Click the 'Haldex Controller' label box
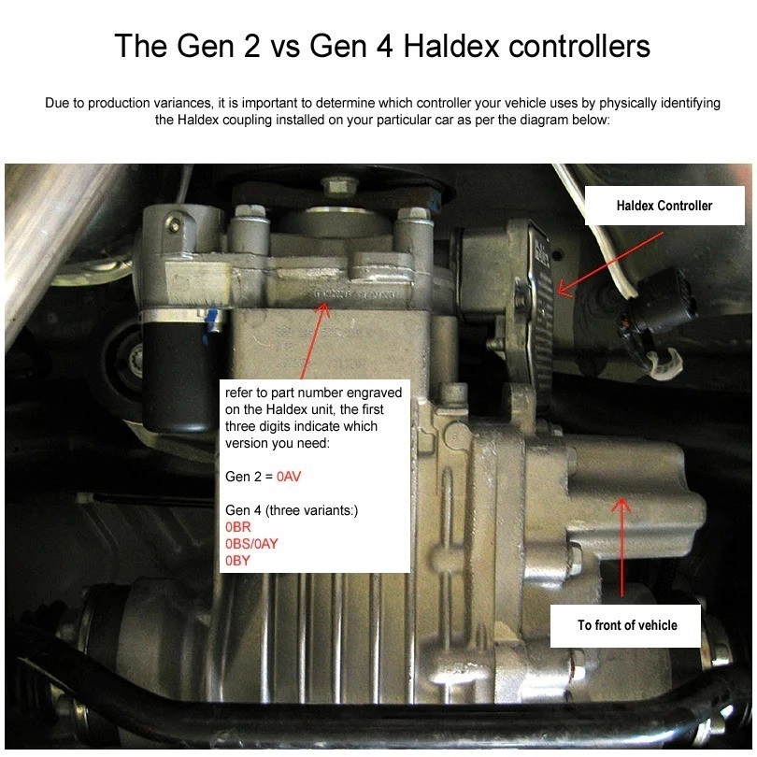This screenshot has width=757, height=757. [664, 206]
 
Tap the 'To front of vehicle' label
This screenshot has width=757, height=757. [626, 625]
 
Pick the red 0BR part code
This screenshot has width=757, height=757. [239, 527]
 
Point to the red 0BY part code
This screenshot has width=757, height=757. [239, 561]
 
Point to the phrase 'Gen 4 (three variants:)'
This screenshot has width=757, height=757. [279, 510]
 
